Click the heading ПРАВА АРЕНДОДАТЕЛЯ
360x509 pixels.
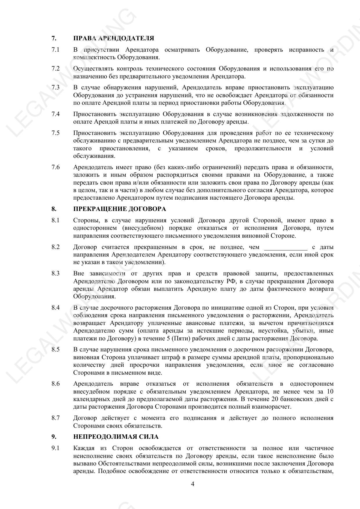(x=113, y=38)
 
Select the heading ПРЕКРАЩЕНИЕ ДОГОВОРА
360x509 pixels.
(x=120, y=209)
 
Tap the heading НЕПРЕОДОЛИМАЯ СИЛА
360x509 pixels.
(x=116, y=437)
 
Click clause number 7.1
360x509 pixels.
(x=55, y=50)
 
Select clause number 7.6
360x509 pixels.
(x=55, y=167)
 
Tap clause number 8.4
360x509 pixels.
(x=55, y=308)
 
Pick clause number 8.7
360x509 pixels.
(x=55, y=418)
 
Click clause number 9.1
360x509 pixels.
(x=55, y=448)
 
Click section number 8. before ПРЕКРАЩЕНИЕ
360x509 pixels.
(x=54, y=209)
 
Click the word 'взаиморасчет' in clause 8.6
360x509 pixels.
(x=273, y=407)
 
